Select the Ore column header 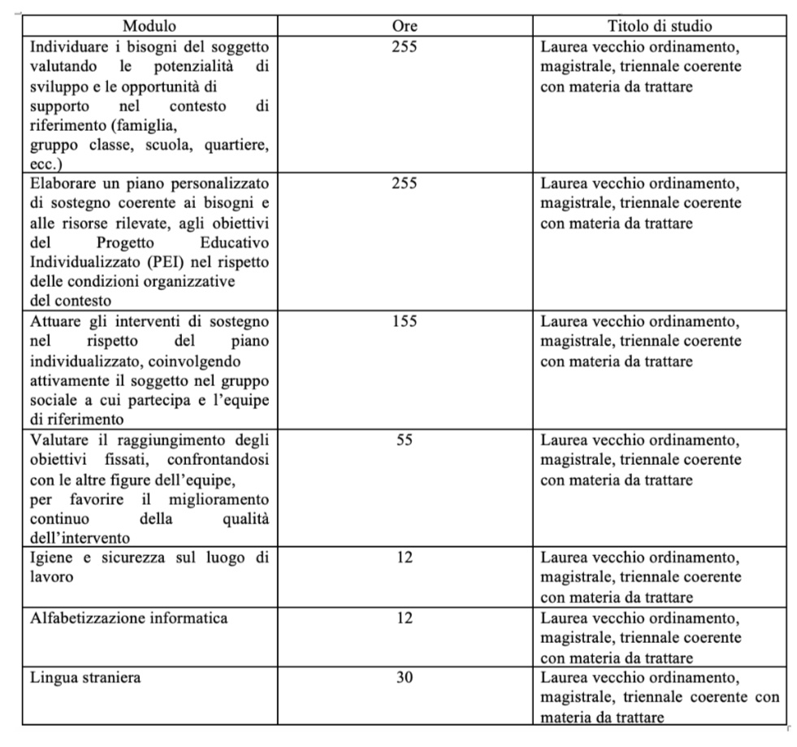click(x=404, y=26)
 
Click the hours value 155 click(x=404, y=321)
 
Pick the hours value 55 click(x=404, y=440)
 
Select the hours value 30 click(x=404, y=677)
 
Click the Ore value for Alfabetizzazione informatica click(x=404, y=618)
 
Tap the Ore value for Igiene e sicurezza click(x=404, y=558)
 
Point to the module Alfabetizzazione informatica click(x=129, y=618)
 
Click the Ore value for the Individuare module click(x=404, y=46)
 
